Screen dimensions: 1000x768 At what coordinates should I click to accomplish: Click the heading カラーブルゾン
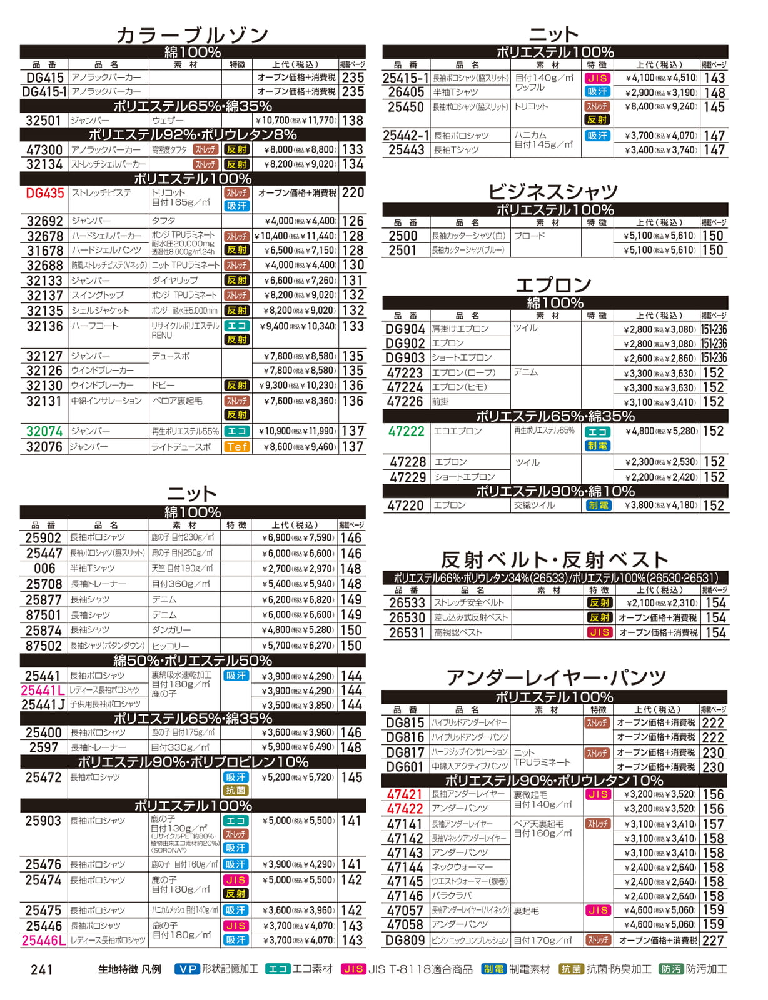pos(192,35)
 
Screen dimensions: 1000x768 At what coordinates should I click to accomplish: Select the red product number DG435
pos(45,194)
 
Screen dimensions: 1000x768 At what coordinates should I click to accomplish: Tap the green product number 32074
pos(44,431)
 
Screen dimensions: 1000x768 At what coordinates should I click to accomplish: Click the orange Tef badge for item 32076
pos(237,447)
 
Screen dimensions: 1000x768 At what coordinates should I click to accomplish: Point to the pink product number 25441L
pos(43,691)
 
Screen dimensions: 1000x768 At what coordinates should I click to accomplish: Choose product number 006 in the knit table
pos(44,569)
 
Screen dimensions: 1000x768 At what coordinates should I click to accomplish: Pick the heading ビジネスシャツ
pos(553,191)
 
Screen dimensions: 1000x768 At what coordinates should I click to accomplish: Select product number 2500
pos(403,236)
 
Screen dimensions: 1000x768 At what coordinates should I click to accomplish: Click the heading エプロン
pos(553,285)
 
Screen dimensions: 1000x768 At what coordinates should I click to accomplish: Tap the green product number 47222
pos(406,431)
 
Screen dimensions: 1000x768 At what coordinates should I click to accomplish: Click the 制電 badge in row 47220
pos(598,506)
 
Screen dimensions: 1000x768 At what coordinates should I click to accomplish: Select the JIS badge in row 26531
pos(599,632)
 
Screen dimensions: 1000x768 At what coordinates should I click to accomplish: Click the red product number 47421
pos(405,794)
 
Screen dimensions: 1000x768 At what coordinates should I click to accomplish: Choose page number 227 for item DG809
pos(713,940)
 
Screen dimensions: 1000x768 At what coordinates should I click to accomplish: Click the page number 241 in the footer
pos(42,969)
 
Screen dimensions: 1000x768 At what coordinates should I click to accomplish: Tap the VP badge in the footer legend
pos(186,969)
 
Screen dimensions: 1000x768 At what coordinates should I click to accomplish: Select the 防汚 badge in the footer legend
pos(670,969)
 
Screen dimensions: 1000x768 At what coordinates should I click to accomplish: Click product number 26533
pos(407,603)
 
